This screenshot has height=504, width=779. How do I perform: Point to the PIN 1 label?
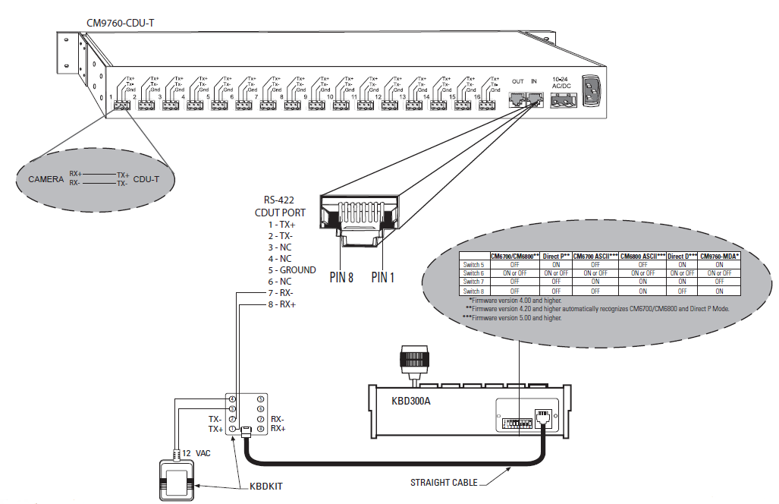[x=383, y=277]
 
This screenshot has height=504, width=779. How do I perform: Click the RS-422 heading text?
[x=278, y=201]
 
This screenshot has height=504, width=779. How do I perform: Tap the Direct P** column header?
[x=556, y=257]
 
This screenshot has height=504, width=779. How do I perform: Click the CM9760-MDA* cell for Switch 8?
[x=719, y=291]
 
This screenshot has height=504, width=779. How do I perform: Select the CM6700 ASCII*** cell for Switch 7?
[x=594, y=282]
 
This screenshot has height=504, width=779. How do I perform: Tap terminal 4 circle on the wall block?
[x=233, y=398]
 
